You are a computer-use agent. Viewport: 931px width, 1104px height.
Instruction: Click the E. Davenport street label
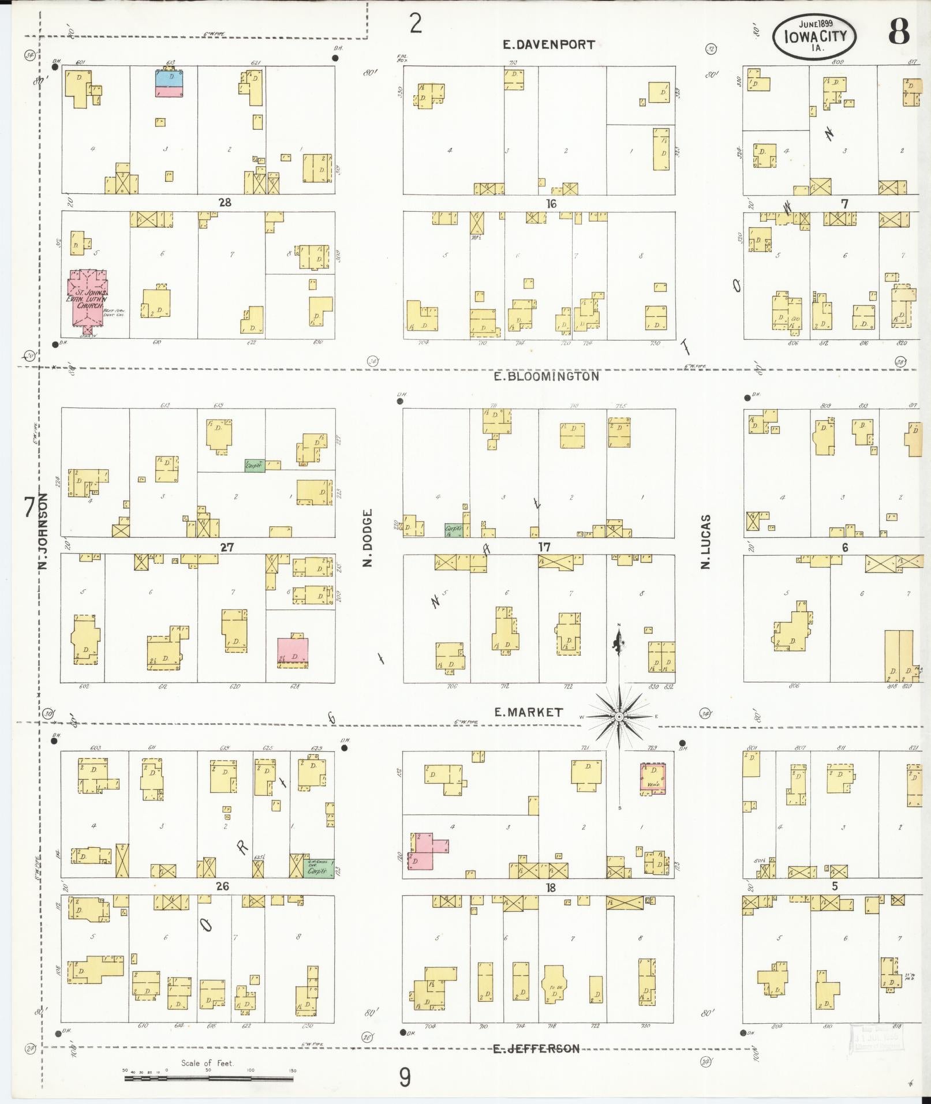pos(548,45)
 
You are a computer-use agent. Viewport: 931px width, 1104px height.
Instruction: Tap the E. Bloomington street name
pos(547,377)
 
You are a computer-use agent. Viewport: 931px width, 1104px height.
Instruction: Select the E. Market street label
pos(528,712)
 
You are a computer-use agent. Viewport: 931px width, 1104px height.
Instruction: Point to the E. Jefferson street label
pos(536,1048)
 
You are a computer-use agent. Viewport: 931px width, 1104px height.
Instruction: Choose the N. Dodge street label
pos(368,538)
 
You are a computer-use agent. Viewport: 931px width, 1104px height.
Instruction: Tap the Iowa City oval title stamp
pos(814,36)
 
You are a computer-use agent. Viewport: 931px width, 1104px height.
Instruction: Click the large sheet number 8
pos(898,32)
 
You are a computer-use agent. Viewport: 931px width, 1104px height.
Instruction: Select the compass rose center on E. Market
pos(619,717)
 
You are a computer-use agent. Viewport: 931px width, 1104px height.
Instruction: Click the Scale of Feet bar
pos(208,1078)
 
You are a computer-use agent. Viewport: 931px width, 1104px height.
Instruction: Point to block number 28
pos(225,203)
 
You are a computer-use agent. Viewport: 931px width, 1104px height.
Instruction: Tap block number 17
pos(544,547)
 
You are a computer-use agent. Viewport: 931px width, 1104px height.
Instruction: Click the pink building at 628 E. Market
pos(293,650)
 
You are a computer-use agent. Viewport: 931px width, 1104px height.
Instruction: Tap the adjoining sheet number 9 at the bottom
pos(405,1077)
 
